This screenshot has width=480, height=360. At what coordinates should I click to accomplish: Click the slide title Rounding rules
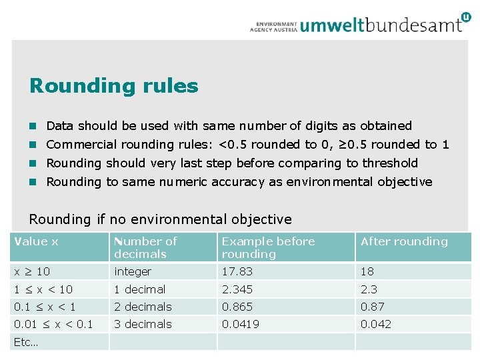click(114, 86)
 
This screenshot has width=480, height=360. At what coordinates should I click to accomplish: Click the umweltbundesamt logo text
click(381, 25)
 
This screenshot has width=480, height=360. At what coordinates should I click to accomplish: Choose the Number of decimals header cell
click(145, 247)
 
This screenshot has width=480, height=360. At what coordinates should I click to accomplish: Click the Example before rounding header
click(268, 247)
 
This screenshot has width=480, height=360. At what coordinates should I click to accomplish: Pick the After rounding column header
click(404, 241)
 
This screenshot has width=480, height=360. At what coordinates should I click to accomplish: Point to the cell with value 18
click(367, 271)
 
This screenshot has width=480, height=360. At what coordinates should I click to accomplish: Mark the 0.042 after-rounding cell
click(376, 324)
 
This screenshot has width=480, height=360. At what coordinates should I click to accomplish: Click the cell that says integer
click(133, 271)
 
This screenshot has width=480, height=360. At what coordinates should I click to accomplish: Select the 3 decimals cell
click(143, 324)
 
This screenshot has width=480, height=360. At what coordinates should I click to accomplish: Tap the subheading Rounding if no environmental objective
click(161, 219)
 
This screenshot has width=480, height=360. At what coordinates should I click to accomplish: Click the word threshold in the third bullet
click(391, 163)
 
